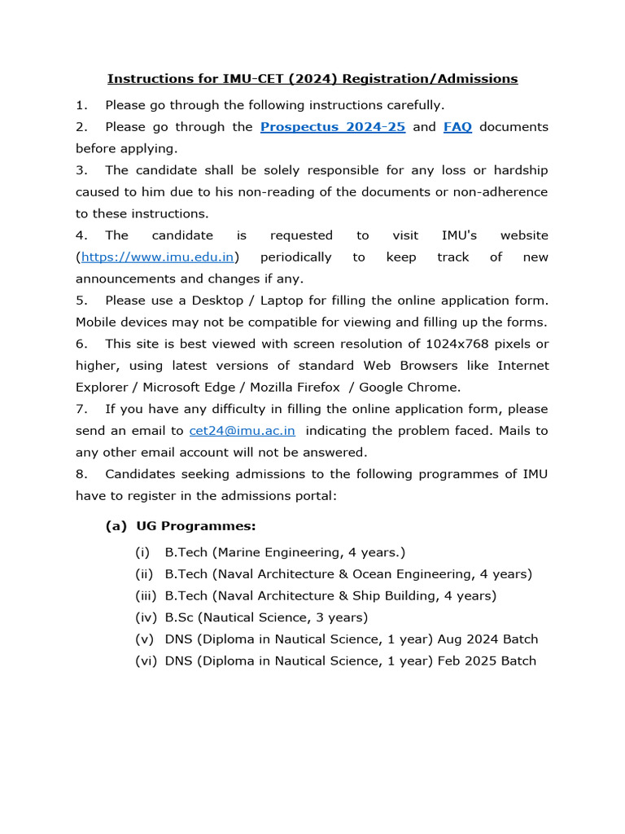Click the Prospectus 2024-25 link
coord(332,127)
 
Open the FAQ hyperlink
coord(457,127)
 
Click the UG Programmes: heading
coord(196,526)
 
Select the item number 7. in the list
coord(81,409)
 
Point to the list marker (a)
coord(116,526)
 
